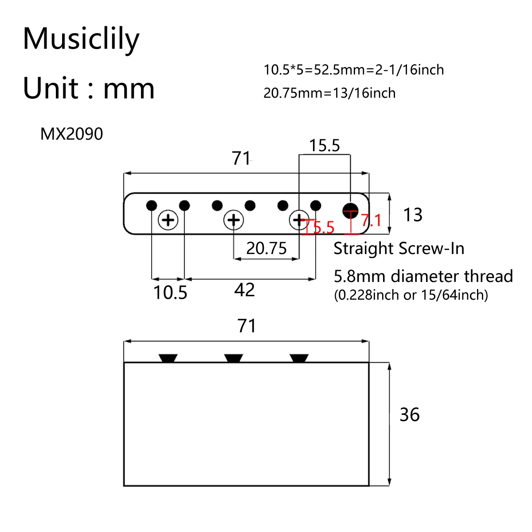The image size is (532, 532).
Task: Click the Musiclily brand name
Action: [81, 39]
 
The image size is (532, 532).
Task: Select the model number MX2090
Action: [71, 134]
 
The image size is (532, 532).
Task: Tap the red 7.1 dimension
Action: [371, 220]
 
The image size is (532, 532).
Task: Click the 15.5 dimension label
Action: [324, 145]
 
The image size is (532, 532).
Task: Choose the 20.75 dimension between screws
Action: [266, 248]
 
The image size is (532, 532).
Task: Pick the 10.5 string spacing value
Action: [170, 293]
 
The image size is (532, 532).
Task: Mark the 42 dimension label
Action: [244, 290]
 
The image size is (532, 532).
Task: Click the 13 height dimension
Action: [412, 215]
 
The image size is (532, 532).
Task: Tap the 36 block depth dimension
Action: [409, 415]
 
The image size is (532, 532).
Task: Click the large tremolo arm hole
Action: [350, 210]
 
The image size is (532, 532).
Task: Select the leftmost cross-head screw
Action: [168, 220]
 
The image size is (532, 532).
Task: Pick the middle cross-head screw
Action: [234, 220]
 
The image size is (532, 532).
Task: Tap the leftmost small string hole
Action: [152, 206]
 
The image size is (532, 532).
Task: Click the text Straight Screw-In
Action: [399, 249]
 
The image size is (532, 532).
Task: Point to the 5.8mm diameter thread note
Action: [423, 276]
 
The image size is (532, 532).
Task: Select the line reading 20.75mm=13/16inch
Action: [329, 93]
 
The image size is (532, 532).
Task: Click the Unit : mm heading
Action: [89, 88]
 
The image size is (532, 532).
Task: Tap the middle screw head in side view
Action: [234, 358]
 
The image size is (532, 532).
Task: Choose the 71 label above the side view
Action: [246, 326]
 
